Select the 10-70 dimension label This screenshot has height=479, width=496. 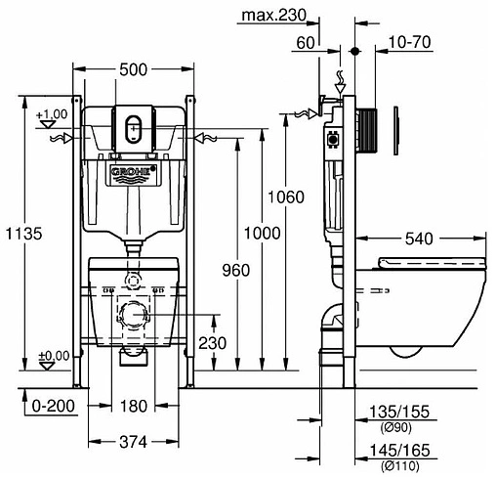tap(411, 42)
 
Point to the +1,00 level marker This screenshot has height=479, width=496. tap(52, 115)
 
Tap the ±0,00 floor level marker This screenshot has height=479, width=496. tap(52, 355)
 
